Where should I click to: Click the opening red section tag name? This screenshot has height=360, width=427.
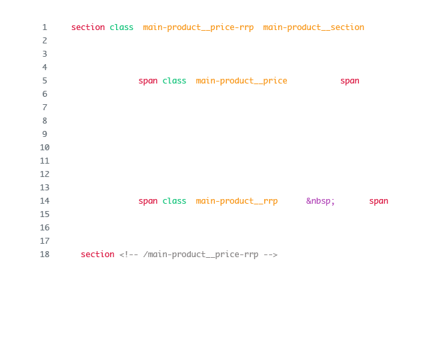click(88, 27)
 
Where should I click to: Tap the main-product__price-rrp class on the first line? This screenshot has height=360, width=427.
click(198, 27)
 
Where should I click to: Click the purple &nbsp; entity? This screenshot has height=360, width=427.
click(321, 201)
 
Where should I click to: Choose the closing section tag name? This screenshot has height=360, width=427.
click(97, 254)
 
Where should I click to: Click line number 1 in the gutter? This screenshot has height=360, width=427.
click(45, 27)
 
